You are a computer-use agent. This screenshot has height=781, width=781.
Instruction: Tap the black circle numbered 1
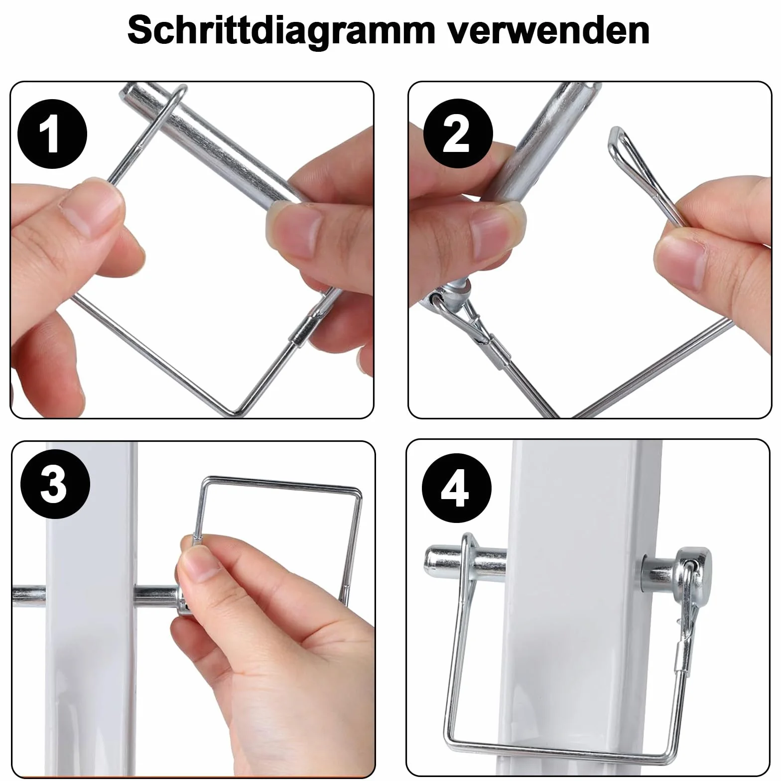(52, 135)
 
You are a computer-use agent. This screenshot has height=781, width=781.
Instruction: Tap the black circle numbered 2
(457, 134)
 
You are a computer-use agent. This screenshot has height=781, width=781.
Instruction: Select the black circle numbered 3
(55, 484)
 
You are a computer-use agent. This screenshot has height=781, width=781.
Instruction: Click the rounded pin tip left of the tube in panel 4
(436, 560)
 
